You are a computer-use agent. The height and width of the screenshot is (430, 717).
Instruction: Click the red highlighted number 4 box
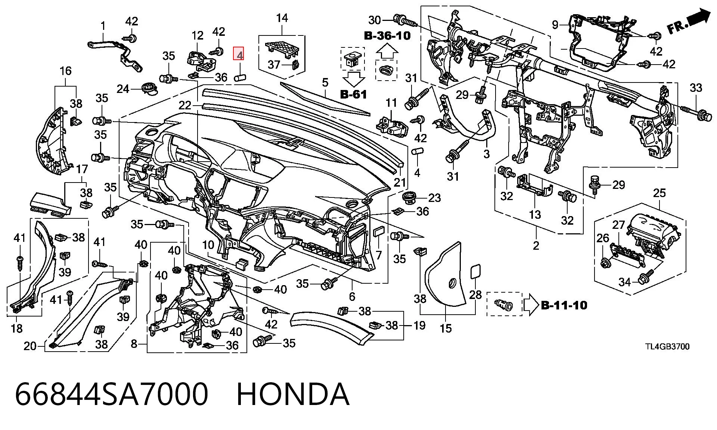click(239, 54)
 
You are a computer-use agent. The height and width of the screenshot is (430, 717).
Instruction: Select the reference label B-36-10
click(387, 36)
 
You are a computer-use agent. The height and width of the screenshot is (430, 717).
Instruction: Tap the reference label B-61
click(354, 94)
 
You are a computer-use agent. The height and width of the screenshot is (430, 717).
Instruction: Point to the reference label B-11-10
click(564, 305)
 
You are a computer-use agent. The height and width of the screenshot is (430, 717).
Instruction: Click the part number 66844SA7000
click(112, 394)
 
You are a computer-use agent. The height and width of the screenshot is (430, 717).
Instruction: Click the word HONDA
click(293, 394)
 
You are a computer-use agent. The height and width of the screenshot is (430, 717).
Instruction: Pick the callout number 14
click(282, 18)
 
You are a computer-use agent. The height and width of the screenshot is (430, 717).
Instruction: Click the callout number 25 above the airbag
click(659, 193)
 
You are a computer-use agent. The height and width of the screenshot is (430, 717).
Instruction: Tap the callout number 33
click(696, 88)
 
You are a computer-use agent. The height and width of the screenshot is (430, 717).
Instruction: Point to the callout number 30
click(374, 20)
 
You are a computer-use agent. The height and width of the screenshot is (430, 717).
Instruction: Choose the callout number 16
click(65, 71)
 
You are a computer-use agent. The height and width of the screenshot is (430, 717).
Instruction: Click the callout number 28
click(475, 295)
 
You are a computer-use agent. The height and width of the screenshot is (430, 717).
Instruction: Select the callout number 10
click(208, 245)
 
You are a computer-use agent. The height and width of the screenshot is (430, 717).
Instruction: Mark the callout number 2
click(536, 246)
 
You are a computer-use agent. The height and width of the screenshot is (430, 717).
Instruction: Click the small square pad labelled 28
click(475, 271)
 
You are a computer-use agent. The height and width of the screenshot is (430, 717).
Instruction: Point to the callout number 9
click(555, 25)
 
